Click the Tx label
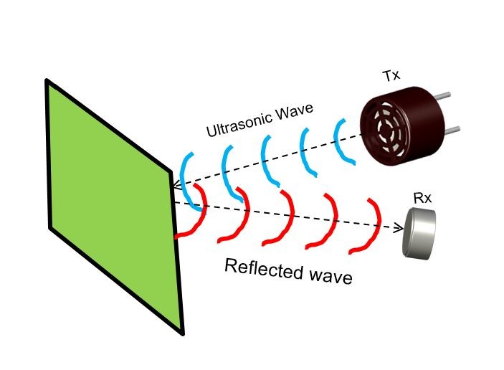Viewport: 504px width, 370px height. (391, 75)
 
